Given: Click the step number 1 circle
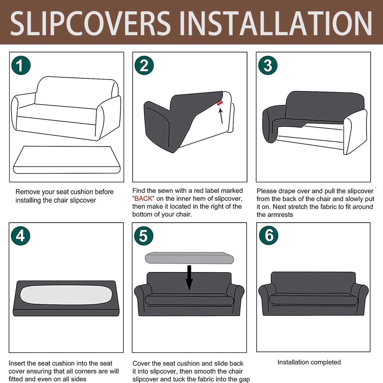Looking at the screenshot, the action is tap(21, 65).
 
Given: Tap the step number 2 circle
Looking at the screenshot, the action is tap(144, 65).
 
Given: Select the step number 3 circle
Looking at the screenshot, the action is tap(268, 65).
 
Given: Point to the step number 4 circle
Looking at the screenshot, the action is tap(20, 236).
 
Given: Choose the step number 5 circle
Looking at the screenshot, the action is tap(144, 236).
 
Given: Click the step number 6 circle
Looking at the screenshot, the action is tap(269, 235).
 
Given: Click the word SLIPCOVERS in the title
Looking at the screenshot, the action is tap(90, 23).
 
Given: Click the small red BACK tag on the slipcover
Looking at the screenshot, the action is tap(219, 103).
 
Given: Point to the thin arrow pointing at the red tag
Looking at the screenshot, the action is tap(221, 116).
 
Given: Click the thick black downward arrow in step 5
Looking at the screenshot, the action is tap(189, 278).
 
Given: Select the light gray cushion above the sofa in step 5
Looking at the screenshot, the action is tap(189, 258).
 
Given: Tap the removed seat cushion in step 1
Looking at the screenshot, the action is tap(67, 160).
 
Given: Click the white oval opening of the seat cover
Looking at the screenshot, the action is tap(66, 295).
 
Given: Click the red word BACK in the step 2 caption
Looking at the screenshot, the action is tap(143, 199).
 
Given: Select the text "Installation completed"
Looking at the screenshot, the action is tap(309, 362).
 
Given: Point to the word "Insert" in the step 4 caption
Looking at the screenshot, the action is tap(17, 363).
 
